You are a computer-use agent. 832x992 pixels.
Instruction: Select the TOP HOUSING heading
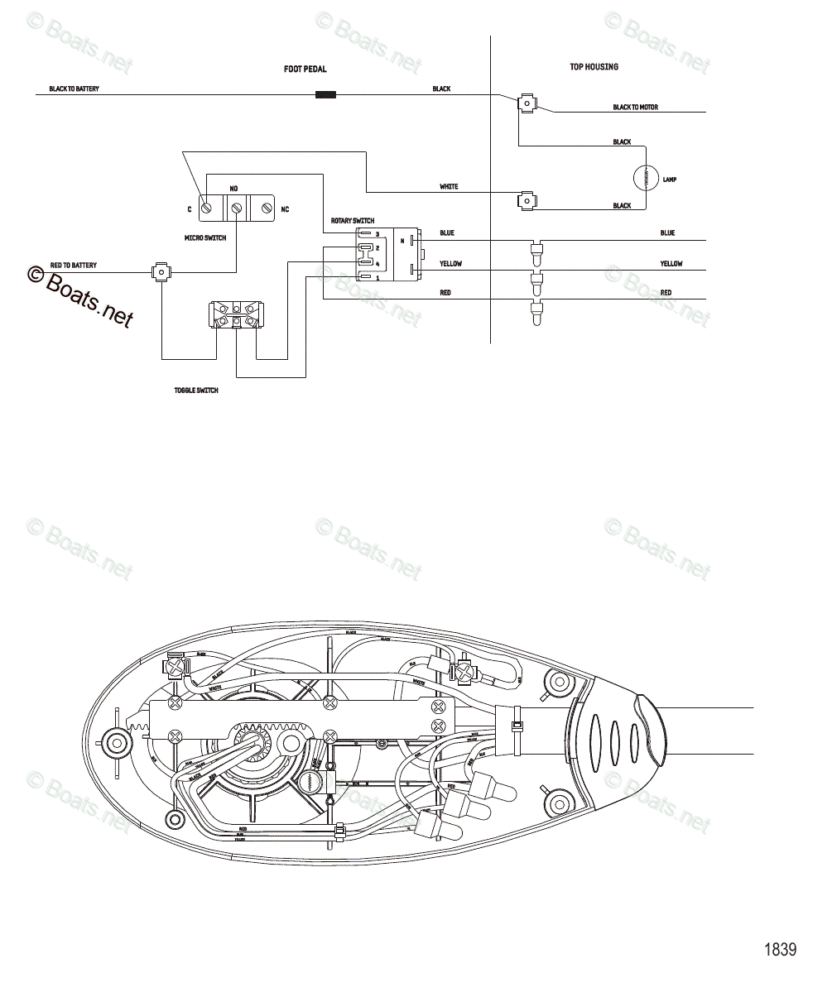[x=594, y=67]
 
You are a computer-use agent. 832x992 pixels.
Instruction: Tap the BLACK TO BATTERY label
[x=74, y=89]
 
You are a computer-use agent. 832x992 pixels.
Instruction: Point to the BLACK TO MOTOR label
[x=635, y=108]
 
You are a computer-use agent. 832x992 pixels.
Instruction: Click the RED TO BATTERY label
[x=73, y=266]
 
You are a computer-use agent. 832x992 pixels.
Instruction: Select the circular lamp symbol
[x=645, y=178]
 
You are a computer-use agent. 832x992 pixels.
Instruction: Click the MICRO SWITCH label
[x=205, y=237]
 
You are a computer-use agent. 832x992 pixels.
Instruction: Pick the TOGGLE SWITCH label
[x=196, y=390]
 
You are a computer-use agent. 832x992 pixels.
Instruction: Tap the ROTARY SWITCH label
[x=352, y=221]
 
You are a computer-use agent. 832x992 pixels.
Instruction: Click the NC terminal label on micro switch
[x=285, y=209]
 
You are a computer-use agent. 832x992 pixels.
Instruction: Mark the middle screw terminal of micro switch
[x=237, y=209]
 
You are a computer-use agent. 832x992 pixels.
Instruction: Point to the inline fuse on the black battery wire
[x=325, y=95]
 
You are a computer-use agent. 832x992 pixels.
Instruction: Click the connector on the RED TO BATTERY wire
[x=161, y=271]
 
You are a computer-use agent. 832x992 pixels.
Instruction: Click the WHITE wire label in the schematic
[x=449, y=187]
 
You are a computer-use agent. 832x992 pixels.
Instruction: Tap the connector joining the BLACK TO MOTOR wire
[x=526, y=103]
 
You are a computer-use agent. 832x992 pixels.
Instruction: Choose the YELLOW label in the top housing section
[x=671, y=264]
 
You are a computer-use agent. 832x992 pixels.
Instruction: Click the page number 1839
[x=779, y=949]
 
